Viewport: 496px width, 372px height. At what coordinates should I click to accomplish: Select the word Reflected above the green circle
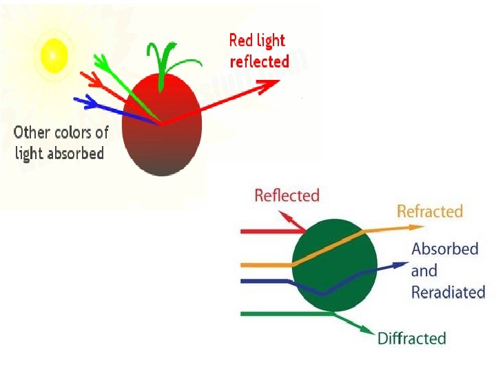[287, 196]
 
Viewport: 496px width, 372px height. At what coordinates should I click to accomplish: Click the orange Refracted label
[430, 211]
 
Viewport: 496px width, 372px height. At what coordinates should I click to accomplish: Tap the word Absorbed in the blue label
[445, 249]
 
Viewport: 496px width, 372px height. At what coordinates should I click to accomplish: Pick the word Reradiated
[448, 292]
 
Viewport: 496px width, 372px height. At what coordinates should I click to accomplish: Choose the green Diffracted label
[412, 338]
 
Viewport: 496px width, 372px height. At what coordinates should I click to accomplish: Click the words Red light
[256, 41]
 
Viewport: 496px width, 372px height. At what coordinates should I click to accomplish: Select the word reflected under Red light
[259, 61]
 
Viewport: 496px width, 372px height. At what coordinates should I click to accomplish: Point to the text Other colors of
[61, 132]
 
